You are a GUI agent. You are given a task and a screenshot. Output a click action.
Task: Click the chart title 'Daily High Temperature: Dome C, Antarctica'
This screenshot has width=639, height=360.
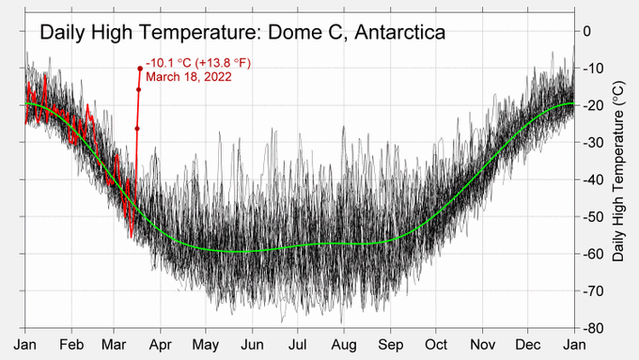242,34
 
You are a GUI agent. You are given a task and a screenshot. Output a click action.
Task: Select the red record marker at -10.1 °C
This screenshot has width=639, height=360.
140,68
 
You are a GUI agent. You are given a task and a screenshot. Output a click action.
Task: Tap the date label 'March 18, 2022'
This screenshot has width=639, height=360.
189,77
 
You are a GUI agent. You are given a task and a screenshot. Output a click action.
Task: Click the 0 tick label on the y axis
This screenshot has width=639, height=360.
590,31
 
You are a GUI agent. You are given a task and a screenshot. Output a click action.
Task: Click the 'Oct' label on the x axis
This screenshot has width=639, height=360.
436,345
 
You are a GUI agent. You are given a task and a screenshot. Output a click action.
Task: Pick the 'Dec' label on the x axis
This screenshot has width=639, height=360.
528,345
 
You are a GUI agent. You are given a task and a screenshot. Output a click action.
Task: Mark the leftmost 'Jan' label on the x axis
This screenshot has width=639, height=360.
25,345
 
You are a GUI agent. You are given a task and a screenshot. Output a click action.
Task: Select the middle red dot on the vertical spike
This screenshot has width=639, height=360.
138,89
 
